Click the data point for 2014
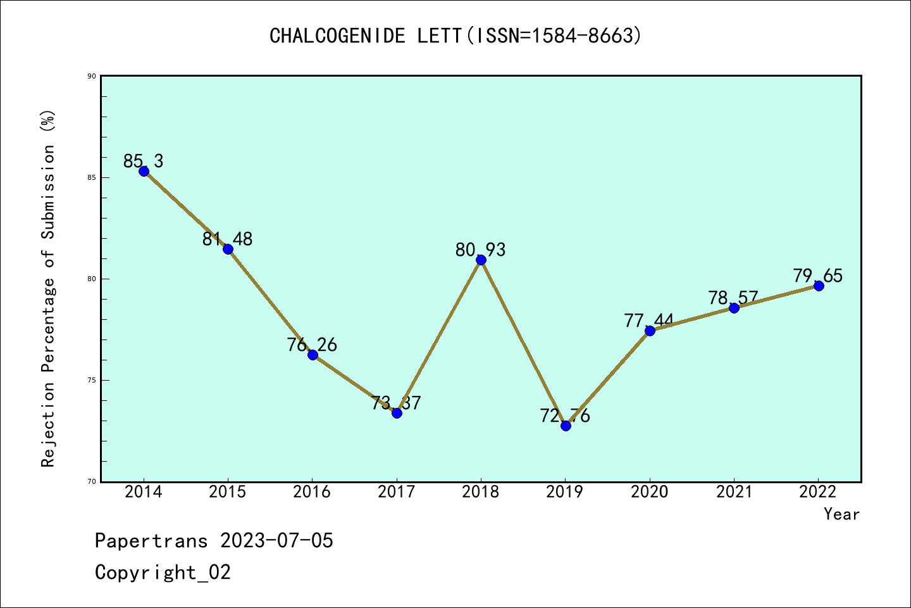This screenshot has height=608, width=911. [144, 171]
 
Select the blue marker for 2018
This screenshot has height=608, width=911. [481, 260]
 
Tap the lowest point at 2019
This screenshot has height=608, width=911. [566, 426]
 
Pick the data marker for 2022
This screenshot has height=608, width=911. [819, 286]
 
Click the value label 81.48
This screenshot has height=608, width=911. [227, 239]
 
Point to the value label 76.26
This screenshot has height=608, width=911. [312, 345]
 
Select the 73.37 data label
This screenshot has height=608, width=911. [396, 403]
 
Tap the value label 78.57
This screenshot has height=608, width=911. [733, 298]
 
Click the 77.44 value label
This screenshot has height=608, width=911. [649, 321]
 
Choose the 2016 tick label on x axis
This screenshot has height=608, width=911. [312, 492]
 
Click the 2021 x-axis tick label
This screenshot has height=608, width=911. [734, 492]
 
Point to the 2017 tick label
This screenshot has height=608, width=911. [397, 492]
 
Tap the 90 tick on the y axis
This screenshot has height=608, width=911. [91, 76]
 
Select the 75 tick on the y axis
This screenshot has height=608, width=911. [91, 380]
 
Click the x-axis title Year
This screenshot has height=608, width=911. [841, 514]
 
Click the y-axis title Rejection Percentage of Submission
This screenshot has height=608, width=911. [48, 288]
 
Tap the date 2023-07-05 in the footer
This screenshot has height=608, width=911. [276, 541]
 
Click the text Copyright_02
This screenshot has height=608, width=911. [163, 573]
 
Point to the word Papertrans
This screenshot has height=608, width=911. [151, 541]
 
